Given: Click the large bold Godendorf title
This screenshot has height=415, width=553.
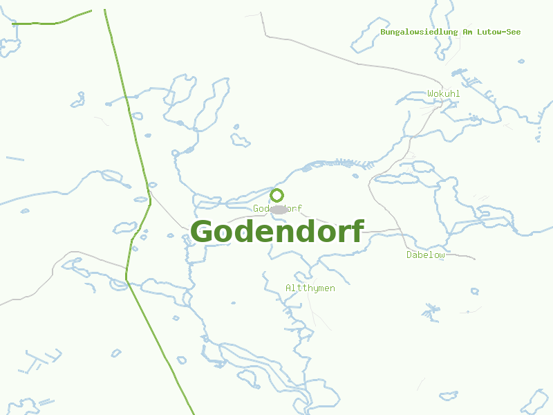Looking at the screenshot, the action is [x=277, y=232].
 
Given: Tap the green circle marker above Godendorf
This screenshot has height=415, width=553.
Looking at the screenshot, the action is [x=277, y=195].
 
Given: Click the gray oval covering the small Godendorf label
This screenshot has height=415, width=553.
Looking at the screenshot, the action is [x=279, y=210].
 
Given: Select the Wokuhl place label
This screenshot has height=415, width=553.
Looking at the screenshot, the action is [x=443, y=93].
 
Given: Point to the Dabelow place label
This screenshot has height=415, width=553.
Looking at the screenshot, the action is [x=425, y=255].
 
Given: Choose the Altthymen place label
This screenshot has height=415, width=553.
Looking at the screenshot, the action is [x=310, y=288].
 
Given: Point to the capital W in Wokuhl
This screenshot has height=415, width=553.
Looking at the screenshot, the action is [x=430, y=93].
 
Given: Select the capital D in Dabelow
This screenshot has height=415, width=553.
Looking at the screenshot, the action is [x=409, y=255].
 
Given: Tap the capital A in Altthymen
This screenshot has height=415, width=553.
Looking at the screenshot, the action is [x=288, y=288].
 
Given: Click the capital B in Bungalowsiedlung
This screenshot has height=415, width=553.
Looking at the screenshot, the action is [x=383, y=32].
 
